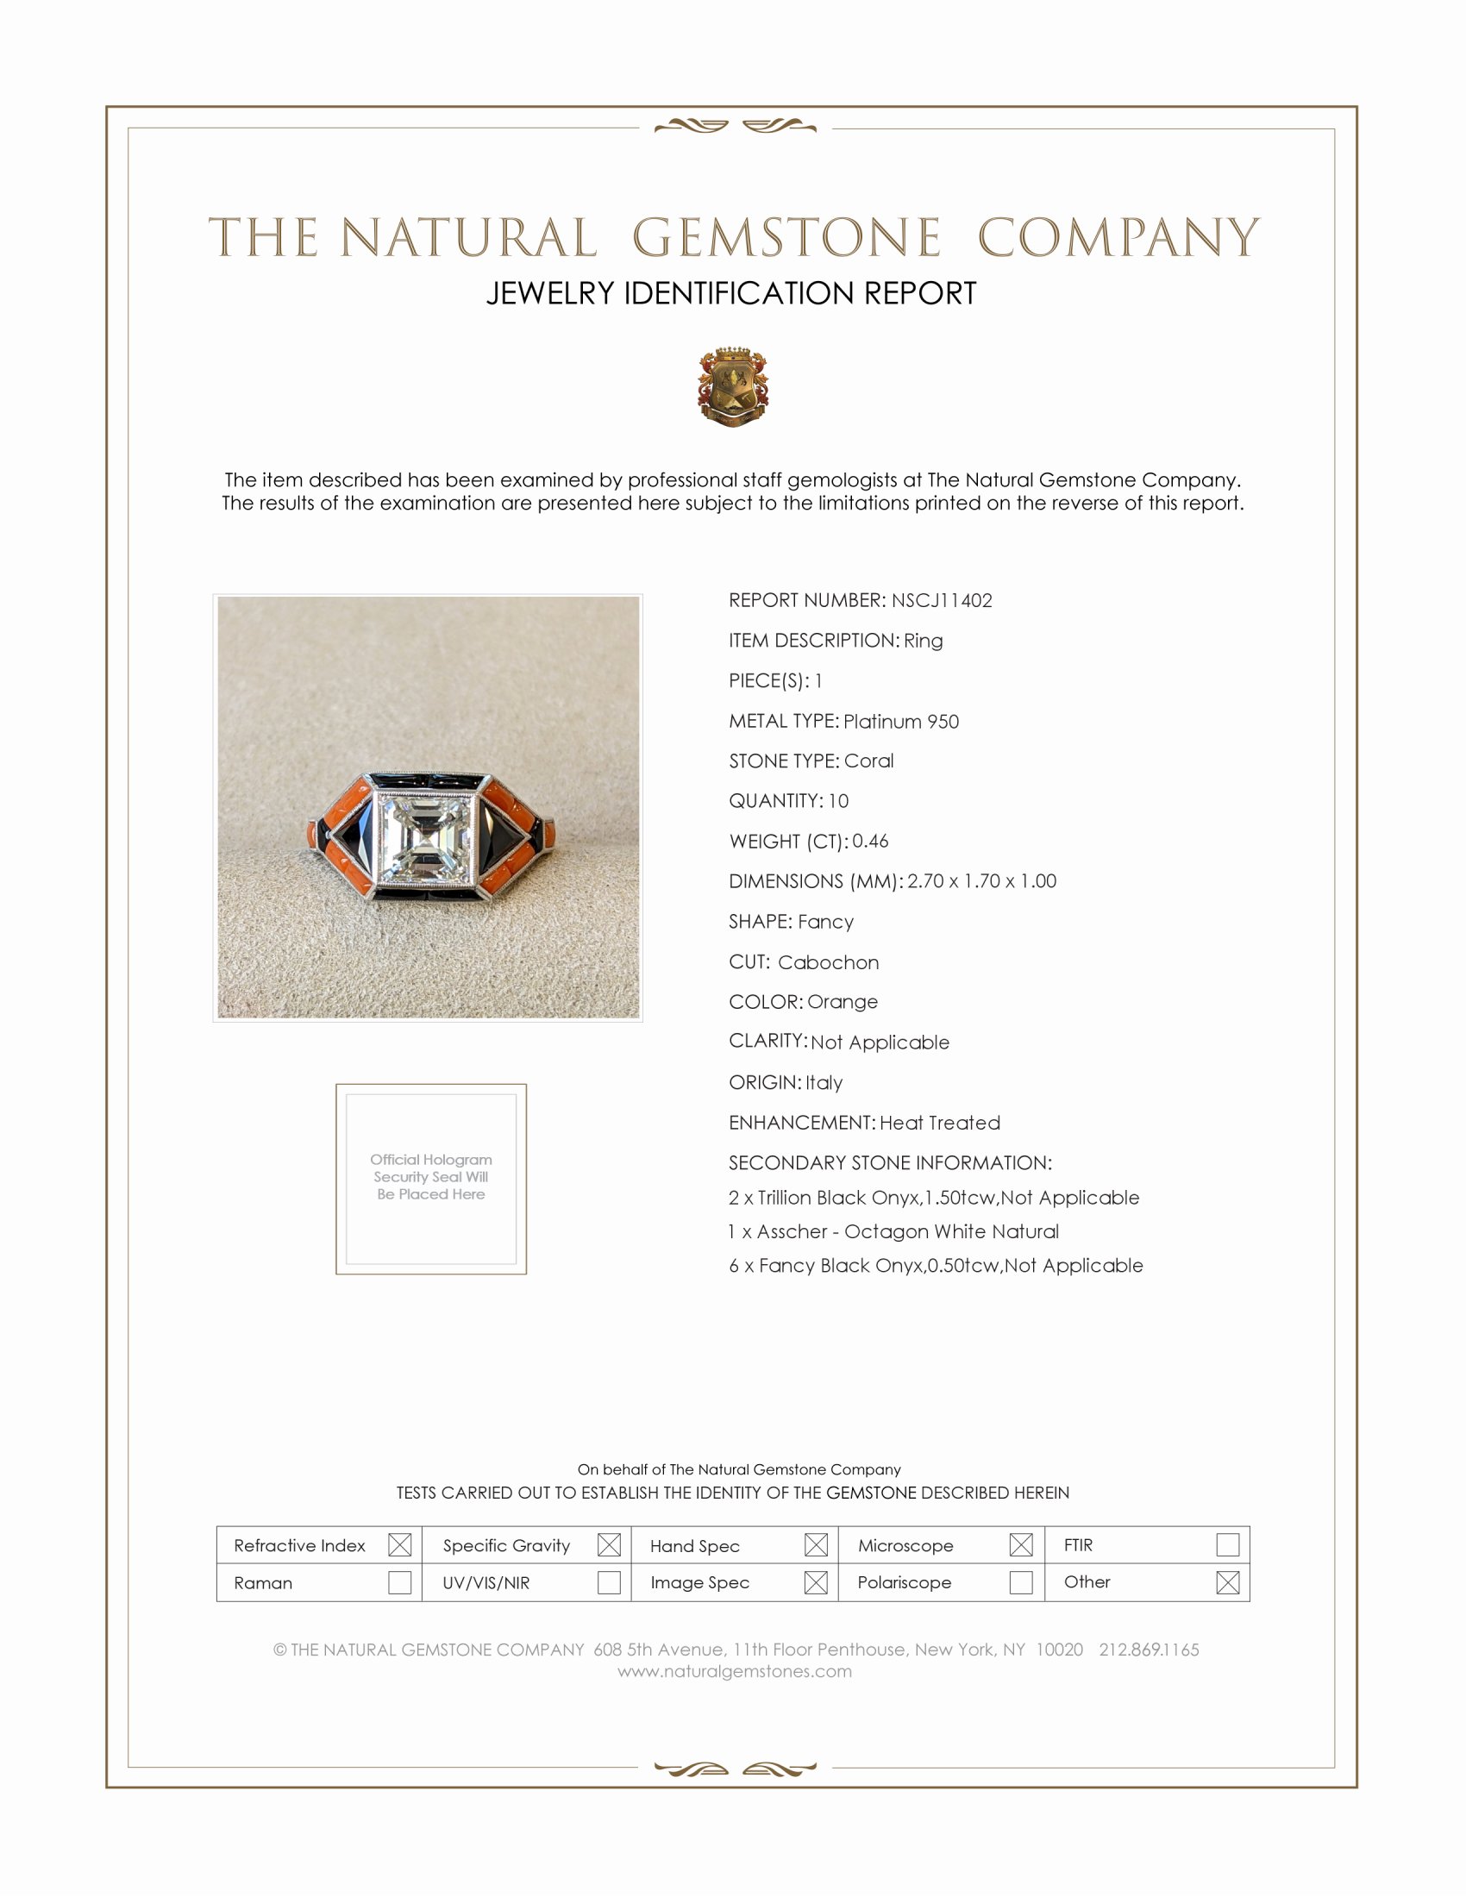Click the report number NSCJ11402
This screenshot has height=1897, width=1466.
(x=942, y=600)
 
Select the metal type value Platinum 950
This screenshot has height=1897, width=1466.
(x=900, y=722)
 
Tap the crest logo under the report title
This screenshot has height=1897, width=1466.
(x=733, y=386)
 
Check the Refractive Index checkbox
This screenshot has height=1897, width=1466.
(x=399, y=1544)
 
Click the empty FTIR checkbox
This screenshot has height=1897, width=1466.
(x=1227, y=1544)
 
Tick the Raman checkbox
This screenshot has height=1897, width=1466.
(x=399, y=1582)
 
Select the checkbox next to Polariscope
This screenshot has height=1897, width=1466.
(x=1021, y=1582)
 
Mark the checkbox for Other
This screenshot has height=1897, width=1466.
(x=1227, y=1582)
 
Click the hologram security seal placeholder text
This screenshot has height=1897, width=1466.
(x=431, y=1177)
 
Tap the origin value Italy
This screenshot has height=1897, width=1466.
(x=824, y=1083)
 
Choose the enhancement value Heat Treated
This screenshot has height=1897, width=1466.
(x=940, y=1123)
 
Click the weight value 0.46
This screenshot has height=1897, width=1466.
(x=870, y=841)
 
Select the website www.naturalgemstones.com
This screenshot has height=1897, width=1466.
(x=735, y=1671)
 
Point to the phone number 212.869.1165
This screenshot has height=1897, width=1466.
(x=1149, y=1650)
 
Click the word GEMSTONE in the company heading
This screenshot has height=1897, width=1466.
(x=786, y=237)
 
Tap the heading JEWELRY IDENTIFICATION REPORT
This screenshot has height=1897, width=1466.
(x=731, y=293)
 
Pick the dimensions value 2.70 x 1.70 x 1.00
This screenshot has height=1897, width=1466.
(x=981, y=880)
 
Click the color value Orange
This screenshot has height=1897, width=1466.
(x=843, y=1001)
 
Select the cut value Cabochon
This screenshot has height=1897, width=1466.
(x=829, y=962)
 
